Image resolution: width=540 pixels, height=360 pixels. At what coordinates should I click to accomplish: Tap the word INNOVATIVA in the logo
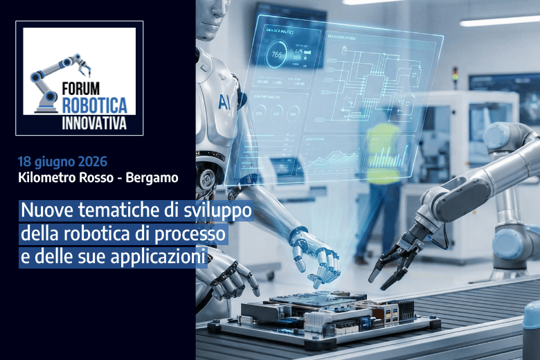95,123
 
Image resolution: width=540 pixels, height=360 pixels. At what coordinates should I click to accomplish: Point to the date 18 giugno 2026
62,162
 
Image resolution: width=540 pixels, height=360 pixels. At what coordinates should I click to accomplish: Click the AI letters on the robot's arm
224,102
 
